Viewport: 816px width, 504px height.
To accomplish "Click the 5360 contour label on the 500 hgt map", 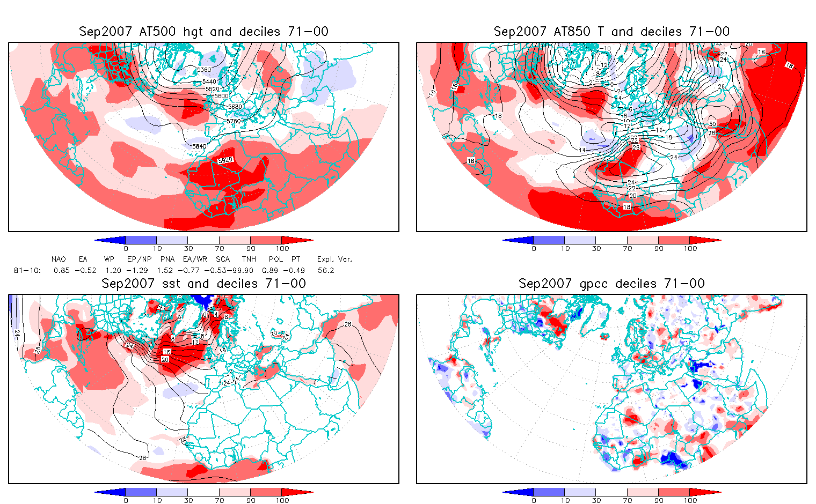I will click(204, 70).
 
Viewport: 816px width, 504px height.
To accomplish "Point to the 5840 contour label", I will click(199, 146).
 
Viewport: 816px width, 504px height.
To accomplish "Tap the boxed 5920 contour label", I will click(225, 160).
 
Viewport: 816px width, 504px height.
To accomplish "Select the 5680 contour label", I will click(235, 107).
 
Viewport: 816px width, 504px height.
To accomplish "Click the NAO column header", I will click(59, 259).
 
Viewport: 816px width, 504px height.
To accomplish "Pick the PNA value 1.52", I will click(165, 270).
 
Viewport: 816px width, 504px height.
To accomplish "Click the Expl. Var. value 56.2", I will click(326, 270).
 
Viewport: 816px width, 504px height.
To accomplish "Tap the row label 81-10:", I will click(26, 270).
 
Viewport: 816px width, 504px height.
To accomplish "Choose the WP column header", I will click(109, 259).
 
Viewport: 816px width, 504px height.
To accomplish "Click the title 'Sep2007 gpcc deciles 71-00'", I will click(611, 284).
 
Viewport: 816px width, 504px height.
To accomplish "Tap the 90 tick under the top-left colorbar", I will click(251, 248).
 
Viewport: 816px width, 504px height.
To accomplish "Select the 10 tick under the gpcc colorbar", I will click(565, 500).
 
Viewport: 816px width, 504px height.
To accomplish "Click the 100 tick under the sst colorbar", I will click(282, 500).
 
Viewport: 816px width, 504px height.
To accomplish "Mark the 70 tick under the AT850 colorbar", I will click(627, 248).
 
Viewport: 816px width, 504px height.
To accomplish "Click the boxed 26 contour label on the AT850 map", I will click(636, 147).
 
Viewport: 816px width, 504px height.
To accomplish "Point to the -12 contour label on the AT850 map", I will click(603, 65).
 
